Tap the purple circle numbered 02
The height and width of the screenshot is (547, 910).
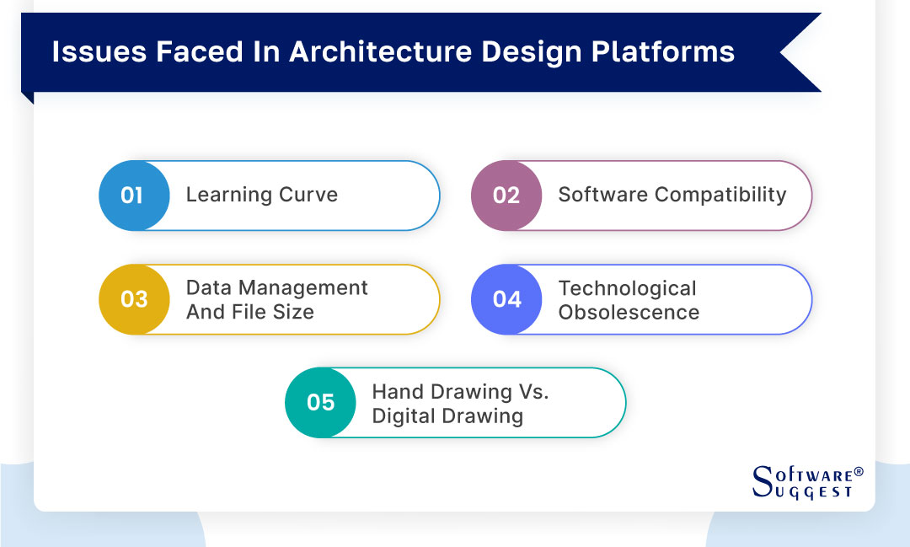(x=506, y=196)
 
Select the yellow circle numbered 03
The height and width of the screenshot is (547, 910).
(x=133, y=299)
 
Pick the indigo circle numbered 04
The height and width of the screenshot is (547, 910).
(x=506, y=299)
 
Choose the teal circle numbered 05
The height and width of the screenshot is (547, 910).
(x=320, y=403)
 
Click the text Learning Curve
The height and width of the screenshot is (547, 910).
(x=261, y=195)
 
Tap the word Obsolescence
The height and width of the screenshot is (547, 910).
(x=629, y=312)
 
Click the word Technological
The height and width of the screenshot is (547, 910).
(x=627, y=288)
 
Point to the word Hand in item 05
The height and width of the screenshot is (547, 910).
(x=395, y=392)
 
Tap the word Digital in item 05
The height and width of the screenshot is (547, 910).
(x=404, y=416)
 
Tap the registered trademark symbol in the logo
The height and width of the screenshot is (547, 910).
(x=859, y=472)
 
